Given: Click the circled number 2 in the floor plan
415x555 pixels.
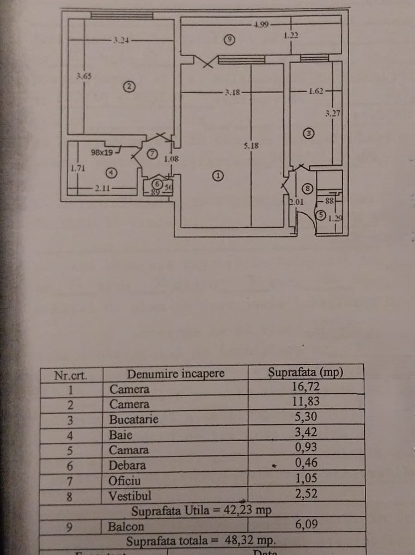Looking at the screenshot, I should point(129,86).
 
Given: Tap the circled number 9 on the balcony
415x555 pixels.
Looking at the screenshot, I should point(231,39).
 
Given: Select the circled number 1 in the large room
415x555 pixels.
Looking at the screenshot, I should point(218,175).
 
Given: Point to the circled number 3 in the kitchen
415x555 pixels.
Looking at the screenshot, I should point(308,132).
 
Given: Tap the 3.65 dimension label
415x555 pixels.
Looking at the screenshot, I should point(84,76).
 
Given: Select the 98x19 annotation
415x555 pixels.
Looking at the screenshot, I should point(102,153).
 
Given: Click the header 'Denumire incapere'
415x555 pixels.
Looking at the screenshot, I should point(175,374).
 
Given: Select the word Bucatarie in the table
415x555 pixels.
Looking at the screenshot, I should point(134,419).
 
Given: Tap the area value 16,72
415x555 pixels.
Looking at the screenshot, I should point(306,389).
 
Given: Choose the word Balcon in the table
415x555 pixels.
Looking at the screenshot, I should point(126,527).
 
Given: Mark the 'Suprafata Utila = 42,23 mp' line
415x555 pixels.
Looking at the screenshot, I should point(202,511).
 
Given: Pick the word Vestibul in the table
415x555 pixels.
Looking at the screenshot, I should point(130,496).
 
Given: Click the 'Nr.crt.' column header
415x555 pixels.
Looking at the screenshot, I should point(71,375).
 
